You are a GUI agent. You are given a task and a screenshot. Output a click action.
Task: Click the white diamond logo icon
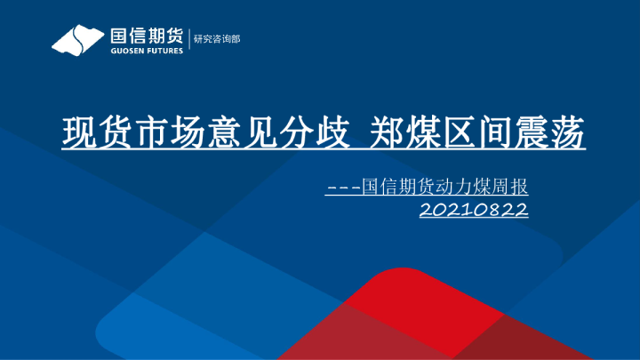[78, 39]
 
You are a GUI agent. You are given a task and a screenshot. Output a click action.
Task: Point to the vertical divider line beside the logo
[188, 39]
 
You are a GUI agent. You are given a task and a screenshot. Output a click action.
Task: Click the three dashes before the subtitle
[344, 188]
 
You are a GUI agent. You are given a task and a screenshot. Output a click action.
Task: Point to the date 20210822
[474, 211]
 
